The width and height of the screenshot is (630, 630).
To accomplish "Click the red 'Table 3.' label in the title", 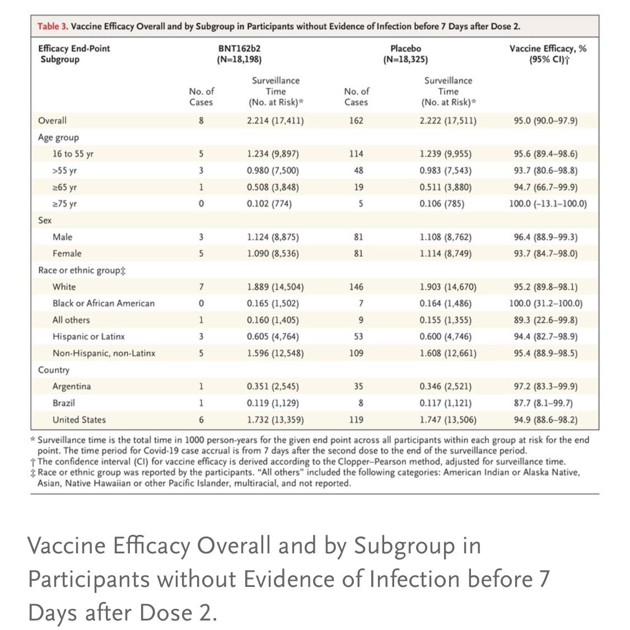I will tap(53, 26).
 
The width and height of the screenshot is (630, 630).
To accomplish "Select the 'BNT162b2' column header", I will tap(239, 49).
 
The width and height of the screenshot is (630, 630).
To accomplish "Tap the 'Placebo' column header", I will tap(405, 49).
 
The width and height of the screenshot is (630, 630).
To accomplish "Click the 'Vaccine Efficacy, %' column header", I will tap(548, 49).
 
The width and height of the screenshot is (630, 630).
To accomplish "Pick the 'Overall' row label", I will tap(52, 120).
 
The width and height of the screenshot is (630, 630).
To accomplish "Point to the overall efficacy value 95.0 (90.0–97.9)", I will tap(545, 120).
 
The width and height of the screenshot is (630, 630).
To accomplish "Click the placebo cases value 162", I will tap(356, 120).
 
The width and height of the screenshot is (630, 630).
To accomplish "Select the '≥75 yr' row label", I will tap(64, 204).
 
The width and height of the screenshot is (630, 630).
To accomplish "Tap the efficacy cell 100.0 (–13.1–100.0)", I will tap(548, 204).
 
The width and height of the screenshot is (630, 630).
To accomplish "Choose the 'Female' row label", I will tap(67, 253).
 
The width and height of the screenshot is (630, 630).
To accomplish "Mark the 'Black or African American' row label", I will tap(104, 303).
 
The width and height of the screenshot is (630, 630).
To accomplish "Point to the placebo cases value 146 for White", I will tap(356, 287).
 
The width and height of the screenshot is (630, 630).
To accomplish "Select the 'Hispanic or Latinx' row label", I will tap(88, 337).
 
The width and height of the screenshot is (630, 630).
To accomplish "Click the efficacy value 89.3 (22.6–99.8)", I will tap(545, 320).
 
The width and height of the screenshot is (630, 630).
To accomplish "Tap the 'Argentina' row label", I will tap(72, 387).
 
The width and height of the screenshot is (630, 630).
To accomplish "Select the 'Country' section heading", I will tap(54, 370).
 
